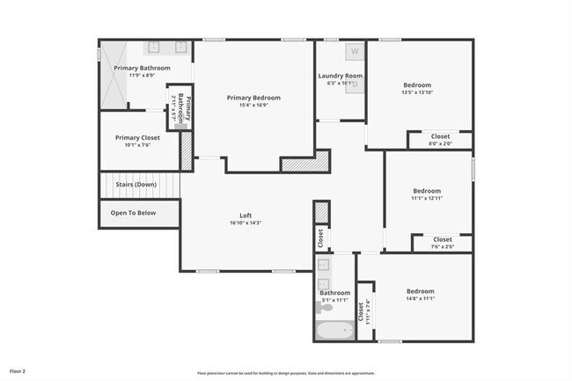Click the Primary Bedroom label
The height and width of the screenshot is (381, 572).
[253, 98]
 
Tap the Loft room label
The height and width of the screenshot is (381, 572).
[246, 216]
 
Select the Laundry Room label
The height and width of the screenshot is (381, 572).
[340, 77]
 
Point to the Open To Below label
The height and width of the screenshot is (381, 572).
[133, 213]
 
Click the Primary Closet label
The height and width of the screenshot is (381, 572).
[137, 138]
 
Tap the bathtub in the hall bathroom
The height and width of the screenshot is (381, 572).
[334, 331]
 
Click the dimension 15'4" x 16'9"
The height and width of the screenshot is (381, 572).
[253, 106]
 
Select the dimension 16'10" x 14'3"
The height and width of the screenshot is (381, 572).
[246, 223]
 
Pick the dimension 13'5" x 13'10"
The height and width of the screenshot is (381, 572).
[417, 93]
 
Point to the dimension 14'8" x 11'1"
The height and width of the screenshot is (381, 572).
[421, 299]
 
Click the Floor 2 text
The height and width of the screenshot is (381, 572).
[18, 372]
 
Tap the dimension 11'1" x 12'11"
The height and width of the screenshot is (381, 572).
[427, 199]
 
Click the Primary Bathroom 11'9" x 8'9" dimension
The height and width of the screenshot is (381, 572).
[142, 76]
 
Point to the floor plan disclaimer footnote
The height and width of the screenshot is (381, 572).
[285, 373]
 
